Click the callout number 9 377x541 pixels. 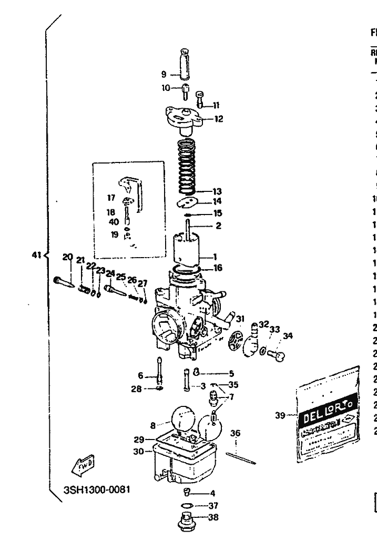pos(164,74)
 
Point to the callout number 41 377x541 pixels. pos(36,256)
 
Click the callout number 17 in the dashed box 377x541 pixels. pos(111,198)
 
